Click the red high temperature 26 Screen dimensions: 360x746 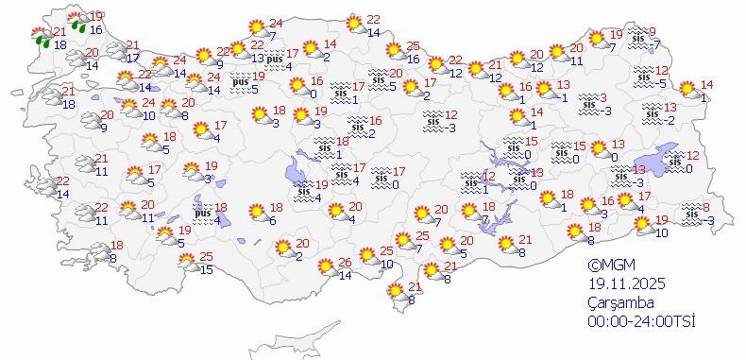pos(345,263)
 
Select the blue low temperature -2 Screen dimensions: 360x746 pos(669,120)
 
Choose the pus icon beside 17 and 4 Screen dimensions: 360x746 pos(276,61)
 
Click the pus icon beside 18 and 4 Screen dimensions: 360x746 pos(202,214)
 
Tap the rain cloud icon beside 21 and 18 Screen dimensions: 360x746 pos(42,39)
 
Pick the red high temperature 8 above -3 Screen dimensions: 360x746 pos(706,208)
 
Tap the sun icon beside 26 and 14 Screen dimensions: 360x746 pos(322,267)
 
